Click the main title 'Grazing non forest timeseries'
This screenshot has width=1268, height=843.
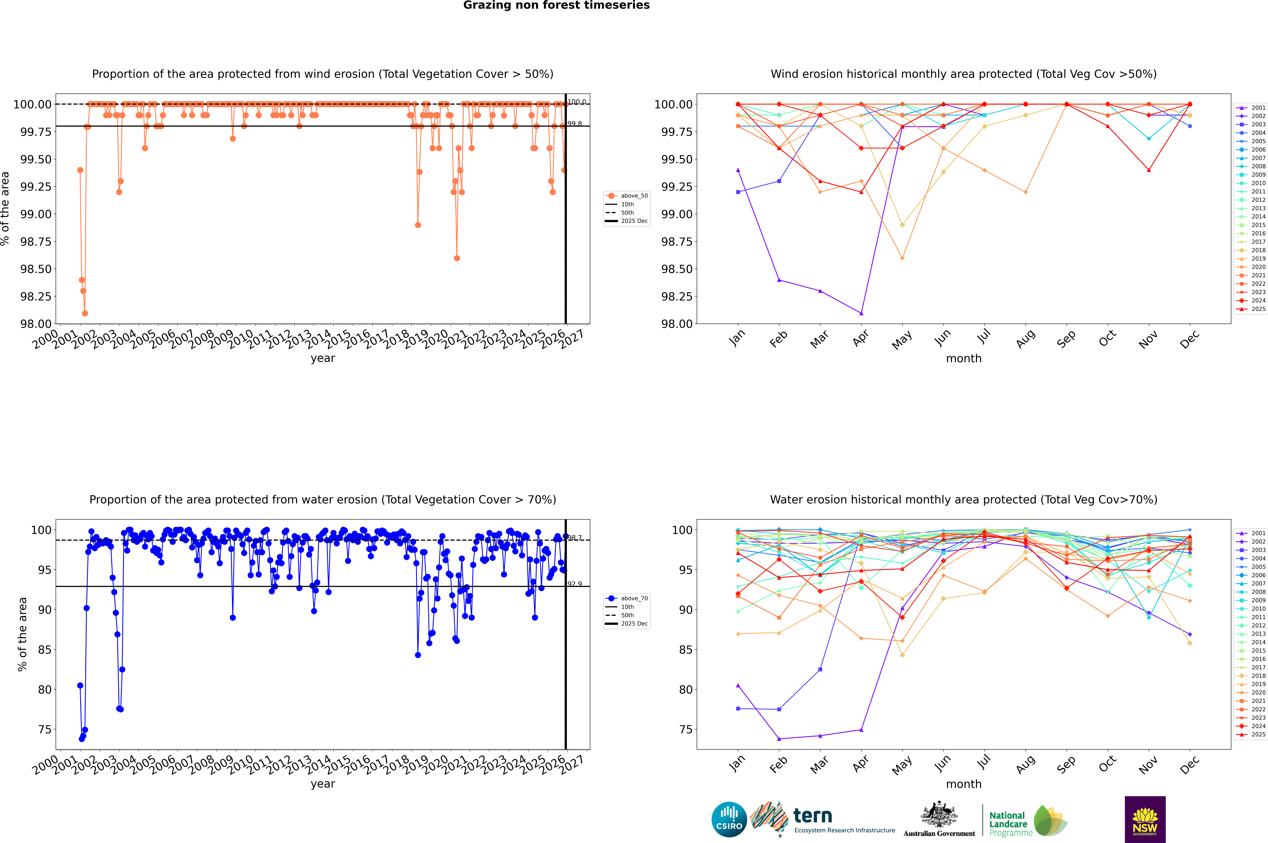coord(556,5)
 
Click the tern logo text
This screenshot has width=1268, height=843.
coord(813,816)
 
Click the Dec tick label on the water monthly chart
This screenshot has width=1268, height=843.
coord(1189,765)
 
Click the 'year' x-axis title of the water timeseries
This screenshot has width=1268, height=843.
coord(323,784)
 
